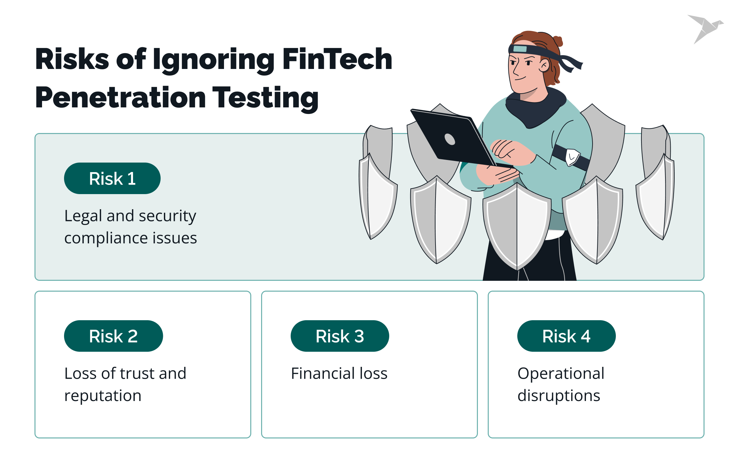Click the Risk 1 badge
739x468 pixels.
coord(112,178)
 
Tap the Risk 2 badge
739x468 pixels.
coord(113,336)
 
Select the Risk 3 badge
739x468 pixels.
coord(340,336)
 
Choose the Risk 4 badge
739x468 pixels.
coord(566,336)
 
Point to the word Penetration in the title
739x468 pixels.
coord(120,98)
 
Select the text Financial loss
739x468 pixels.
coord(339,373)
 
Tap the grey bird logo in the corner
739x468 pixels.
coord(705,28)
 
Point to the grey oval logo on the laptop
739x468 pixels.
coord(450,139)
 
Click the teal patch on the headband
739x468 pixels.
coord(520,49)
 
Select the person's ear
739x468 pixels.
coord(544,65)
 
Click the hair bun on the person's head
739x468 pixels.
coord(557,41)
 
